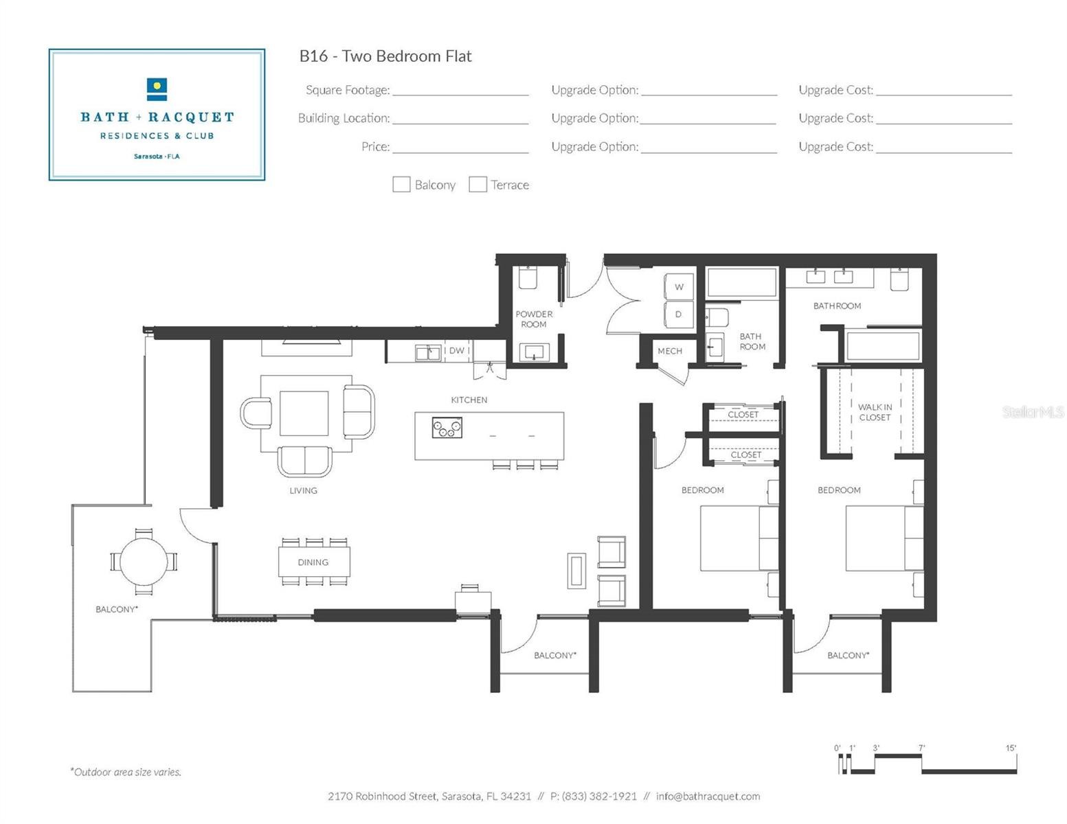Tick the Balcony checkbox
(x=401, y=185)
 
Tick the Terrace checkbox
(x=478, y=185)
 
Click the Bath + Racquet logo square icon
(x=157, y=89)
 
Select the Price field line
(x=460, y=153)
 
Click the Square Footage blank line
(x=460, y=95)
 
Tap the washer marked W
(x=679, y=286)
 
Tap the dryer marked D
(x=679, y=314)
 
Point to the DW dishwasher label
(x=457, y=350)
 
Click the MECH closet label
(x=670, y=351)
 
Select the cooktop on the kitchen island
(x=447, y=427)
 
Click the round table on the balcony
(x=144, y=562)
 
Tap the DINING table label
(x=313, y=562)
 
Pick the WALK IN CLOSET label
(x=875, y=412)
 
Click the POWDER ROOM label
(x=534, y=319)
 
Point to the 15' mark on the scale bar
(x=1011, y=748)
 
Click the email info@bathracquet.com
(x=708, y=796)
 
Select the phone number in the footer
(x=593, y=796)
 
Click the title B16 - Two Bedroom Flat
(x=385, y=56)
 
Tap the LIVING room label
(x=303, y=490)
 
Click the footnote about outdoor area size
(x=126, y=772)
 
